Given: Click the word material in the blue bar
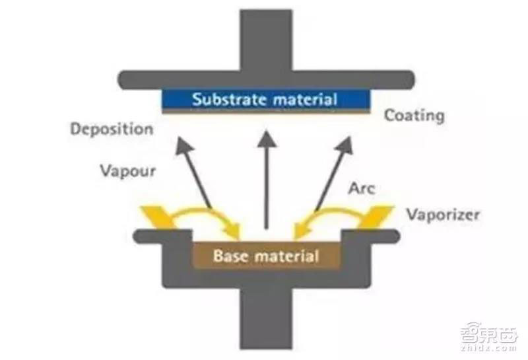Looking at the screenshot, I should [x=302, y=100].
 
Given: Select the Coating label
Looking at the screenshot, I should [x=414, y=116].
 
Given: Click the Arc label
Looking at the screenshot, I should [x=361, y=188].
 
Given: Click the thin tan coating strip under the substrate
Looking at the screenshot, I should [x=265, y=112].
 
